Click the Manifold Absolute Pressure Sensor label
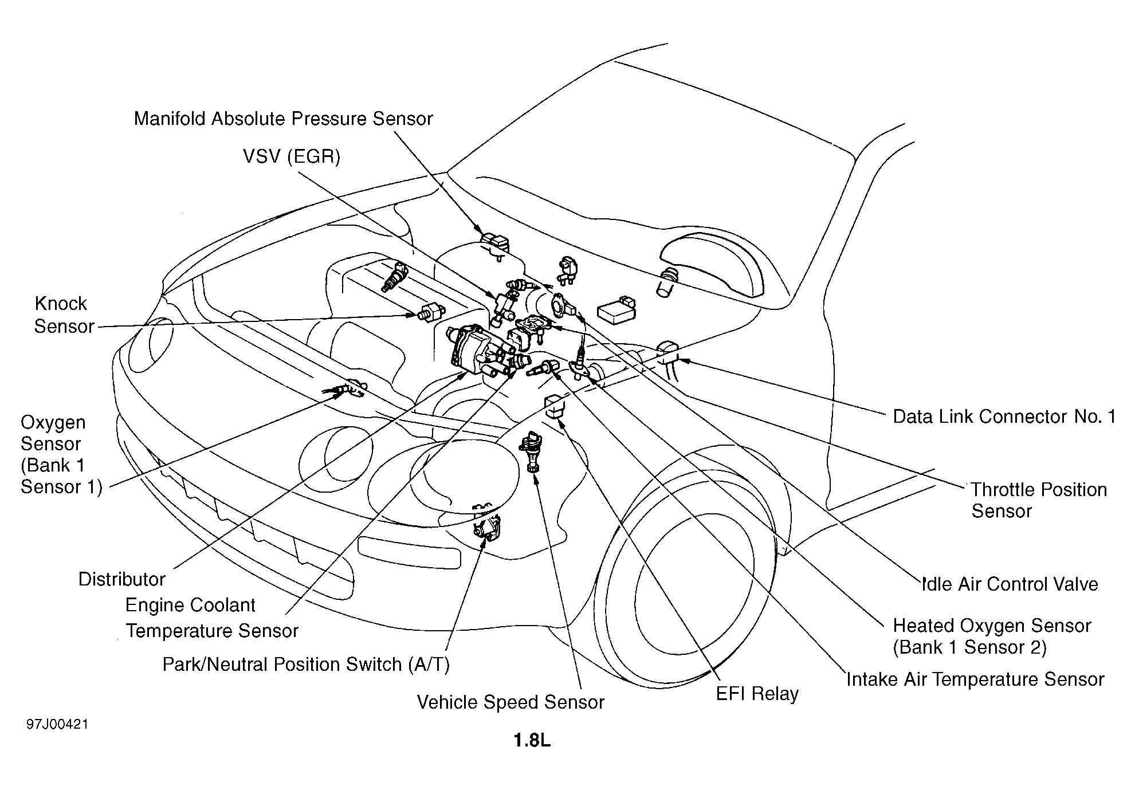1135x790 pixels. pyautogui.click(x=283, y=119)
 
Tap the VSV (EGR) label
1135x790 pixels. pyautogui.click(x=292, y=156)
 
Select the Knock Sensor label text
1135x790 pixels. pyautogui.click(x=63, y=315)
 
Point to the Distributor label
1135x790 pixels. pyautogui.click(x=121, y=579)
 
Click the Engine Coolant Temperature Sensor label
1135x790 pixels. pyautogui.click(x=212, y=618)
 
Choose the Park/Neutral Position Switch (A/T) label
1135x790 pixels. pyautogui.click(x=306, y=665)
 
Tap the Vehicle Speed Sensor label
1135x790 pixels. pyautogui.click(x=510, y=702)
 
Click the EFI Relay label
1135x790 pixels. pyautogui.click(x=757, y=694)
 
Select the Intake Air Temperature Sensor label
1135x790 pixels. pyautogui.click(x=975, y=679)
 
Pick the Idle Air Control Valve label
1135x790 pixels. pyautogui.click(x=1010, y=584)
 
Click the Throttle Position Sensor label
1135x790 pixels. pyautogui.click(x=1039, y=500)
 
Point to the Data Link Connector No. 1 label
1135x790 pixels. pyautogui.click(x=1004, y=416)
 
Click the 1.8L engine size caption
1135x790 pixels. pyautogui.click(x=532, y=741)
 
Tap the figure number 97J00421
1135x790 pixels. pyautogui.click(x=57, y=725)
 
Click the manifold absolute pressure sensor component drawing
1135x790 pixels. pyautogui.click(x=494, y=245)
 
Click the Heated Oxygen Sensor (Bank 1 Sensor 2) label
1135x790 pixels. pyautogui.click(x=992, y=636)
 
